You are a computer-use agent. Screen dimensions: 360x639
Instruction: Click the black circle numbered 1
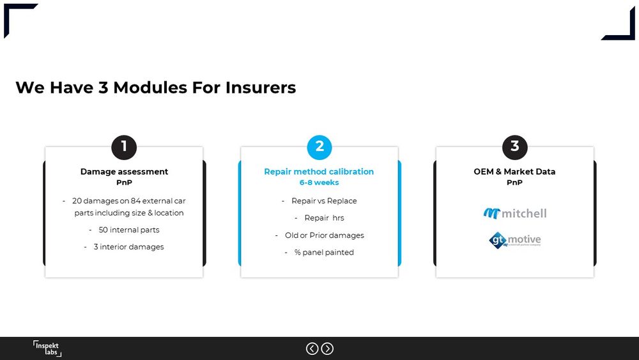pyautogui.click(x=124, y=147)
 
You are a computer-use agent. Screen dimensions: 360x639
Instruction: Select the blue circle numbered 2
pyautogui.click(x=319, y=147)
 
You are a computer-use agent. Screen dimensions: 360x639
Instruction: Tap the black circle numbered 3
pyautogui.click(x=514, y=147)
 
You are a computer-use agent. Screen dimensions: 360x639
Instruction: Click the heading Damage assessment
pyautogui.click(x=124, y=171)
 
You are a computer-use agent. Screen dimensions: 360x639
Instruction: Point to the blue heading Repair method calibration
pyautogui.click(x=319, y=171)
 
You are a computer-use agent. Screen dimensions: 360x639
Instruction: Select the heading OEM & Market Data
pyautogui.click(x=514, y=171)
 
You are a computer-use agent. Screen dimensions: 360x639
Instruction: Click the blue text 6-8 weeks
pyautogui.click(x=319, y=183)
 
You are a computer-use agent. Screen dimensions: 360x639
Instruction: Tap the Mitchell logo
pyautogui.click(x=515, y=213)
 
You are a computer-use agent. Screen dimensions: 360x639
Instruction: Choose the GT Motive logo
pyautogui.click(x=515, y=240)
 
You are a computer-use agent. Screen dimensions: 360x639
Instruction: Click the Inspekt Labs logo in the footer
pyautogui.click(x=47, y=348)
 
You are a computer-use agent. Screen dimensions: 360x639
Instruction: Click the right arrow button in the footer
pyautogui.click(x=327, y=348)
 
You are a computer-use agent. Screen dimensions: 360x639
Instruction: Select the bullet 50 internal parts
pyautogui.click(x=128, y=230)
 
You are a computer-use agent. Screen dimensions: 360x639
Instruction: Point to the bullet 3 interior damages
pyautogui.click(x=128, y=247)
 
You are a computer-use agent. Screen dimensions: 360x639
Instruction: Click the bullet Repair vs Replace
pyautogui.click(x=324, y=201)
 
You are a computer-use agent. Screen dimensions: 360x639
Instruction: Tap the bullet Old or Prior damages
pyautogui.click(x=324, y=235)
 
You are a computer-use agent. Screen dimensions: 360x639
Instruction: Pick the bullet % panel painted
pyautogui.click(x=323, y=253)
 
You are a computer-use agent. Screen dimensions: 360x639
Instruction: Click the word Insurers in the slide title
pyautogui.click(x=260, y=88)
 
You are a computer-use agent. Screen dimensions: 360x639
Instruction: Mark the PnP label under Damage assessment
pyautogui.click(x=124, y=183)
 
